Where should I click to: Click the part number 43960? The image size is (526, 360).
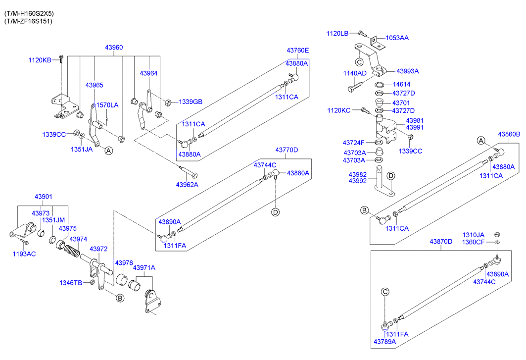tap(114, 48)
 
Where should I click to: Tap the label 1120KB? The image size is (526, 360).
tap(40, 60)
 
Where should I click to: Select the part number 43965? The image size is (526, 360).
tap(94, 85)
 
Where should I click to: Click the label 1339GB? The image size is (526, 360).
tap(191, 102)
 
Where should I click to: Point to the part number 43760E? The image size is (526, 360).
tap(297, 51)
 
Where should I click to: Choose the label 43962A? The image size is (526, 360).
tap(187, 184)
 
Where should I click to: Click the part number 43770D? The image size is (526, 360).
tap(287, 150)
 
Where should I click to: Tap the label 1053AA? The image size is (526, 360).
tap(397, 38)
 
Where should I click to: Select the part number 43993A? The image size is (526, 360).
tap(408, 71)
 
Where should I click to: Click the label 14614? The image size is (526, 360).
tap(401, 84)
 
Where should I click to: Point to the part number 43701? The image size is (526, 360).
tap(401, 103)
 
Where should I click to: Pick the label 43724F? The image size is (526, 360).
tap(354, 143)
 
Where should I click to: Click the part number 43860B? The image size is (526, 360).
tap(509, 134)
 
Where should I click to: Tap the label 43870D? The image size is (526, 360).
tap(441, 242)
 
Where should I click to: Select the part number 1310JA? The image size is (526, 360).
tap(474, 235)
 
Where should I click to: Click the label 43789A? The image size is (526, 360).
tap(385, 342)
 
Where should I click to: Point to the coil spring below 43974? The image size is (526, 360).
tap(72, 251)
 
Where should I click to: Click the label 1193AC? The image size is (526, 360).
tap(24, 254)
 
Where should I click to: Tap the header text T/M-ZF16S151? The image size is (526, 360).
tap(29, 21)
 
